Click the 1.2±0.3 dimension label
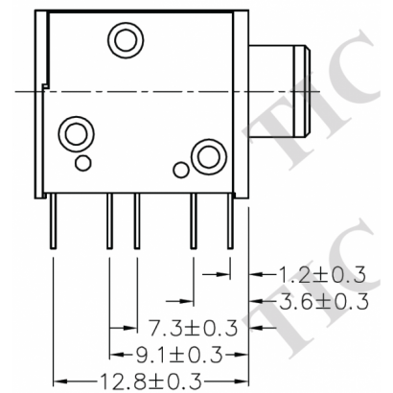(321, 275)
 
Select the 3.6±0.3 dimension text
(321, 302)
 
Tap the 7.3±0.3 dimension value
(193, 328)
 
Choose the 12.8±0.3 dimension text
(150, 380)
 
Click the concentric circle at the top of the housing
(124, 40)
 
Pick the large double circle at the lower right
(206, 155)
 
